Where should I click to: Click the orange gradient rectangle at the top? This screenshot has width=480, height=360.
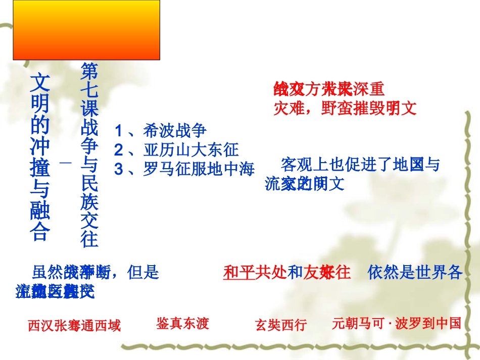pos(86,30)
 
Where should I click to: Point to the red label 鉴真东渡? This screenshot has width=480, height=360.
pos(182,323)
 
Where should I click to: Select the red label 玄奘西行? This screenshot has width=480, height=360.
pos(281,325)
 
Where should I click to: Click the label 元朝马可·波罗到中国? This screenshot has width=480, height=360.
pos(397,323)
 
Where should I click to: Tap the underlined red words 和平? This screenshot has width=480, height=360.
pos(239,272)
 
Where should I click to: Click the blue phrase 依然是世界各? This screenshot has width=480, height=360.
pos(415,272)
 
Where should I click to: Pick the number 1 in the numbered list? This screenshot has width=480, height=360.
pos(118,131)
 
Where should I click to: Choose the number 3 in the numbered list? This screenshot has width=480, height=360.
pos(118,170)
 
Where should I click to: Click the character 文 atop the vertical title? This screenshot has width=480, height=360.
pos(40,81)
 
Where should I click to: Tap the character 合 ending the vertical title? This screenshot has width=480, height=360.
pos(40,232)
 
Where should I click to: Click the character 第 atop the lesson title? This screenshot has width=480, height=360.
pos(89,71)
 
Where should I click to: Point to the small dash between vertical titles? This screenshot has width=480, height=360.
pos(66,162)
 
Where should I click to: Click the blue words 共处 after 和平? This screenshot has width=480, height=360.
pos(271,272)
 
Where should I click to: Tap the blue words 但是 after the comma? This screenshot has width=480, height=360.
pos(144,272)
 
